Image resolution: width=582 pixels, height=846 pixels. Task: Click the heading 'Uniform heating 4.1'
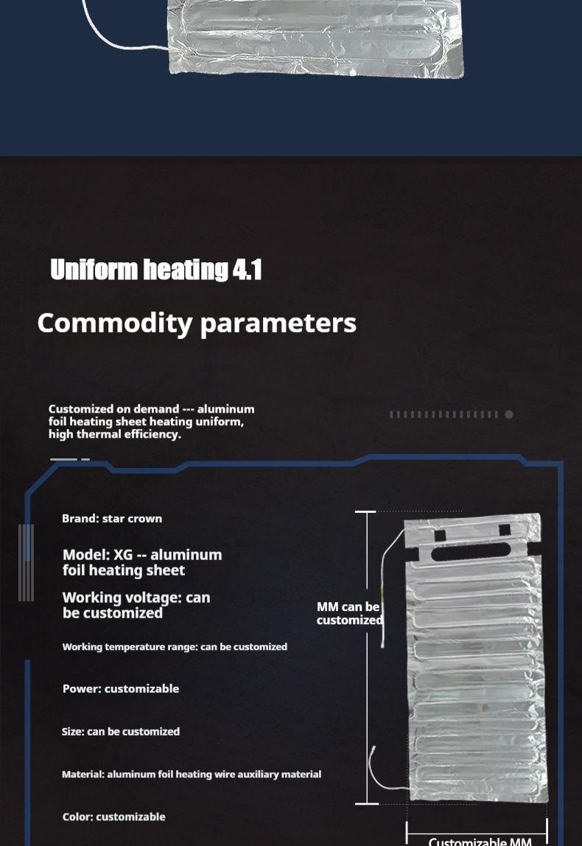coord(156,269)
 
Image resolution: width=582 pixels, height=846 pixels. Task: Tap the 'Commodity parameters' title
coord(197,324)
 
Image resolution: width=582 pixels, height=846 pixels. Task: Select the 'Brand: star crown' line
coord(112,519)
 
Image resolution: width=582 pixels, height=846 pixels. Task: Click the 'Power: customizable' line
coord(121,688)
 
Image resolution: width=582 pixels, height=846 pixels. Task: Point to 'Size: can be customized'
coord(121,732)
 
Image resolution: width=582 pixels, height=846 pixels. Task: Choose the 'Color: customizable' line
coord(113,817)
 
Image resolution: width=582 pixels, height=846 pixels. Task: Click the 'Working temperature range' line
coord(175,646)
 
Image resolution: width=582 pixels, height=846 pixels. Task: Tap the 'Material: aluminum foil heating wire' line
coord(192,775)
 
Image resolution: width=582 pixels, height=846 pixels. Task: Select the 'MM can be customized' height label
coord(349,613)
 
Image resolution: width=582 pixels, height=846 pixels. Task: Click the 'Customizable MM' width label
coord(480,841)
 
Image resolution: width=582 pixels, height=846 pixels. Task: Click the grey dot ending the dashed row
coord(508,414)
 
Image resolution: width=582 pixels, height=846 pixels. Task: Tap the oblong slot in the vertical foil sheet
coord(470,551)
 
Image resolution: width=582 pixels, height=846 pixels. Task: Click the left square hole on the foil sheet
coord(440,535)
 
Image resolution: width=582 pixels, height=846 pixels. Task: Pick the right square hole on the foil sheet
coord(505,529)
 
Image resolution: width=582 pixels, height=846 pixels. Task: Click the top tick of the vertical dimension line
coord(365,511)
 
